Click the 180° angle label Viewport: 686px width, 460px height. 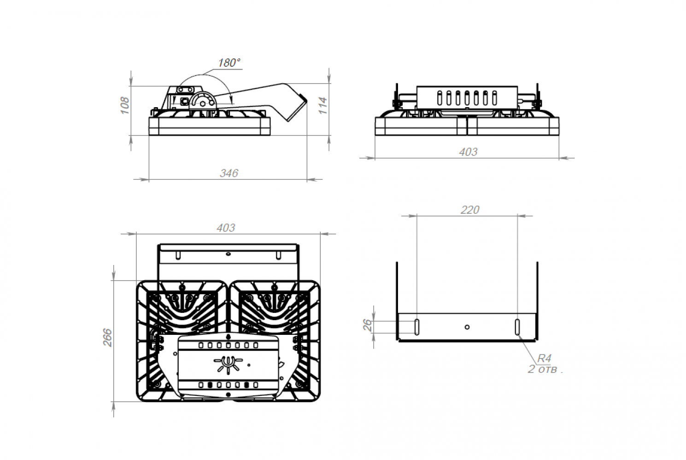pyautogui.click(x=229, y=63)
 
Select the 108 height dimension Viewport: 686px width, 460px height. pyautogui.click(x=125, y=105)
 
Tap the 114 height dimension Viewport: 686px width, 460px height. pyautogui.click(x=323, y=106)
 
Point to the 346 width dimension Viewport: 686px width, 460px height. pyautogui.click(x=229, y=173)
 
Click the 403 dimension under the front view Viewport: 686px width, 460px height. pyautogui.click(x=468, y=152)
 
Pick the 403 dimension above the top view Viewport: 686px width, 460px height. pyautogui.click(x=226, y=228)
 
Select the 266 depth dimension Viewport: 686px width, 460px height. pyautogui.click(x=107, y=337)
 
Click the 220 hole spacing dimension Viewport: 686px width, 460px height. pyautogui.click(x=470, y=210)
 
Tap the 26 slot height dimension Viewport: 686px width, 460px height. pyautogui.click(x=367, y=325)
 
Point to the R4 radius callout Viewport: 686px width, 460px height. pyautogui.click(x=544, y=358)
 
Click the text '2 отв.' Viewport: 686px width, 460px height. pyautogui.click(x=545, y=369)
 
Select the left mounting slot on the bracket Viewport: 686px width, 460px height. pyautogui.click(x=417, y=327)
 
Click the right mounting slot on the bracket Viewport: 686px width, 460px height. pyautogui.click(x=517, y=327)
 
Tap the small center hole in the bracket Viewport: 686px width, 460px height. pyautogui.click(x=467, y=327)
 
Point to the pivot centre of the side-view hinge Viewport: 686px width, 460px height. pyautogui.click(x=202, y=104)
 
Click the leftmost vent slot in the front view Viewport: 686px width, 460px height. pyautogui.click(x=440, y=98)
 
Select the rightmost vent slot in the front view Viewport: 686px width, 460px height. pyautogui.click(x=494, y=98)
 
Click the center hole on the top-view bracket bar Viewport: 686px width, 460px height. pyautogui.click(x=228, y=254)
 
